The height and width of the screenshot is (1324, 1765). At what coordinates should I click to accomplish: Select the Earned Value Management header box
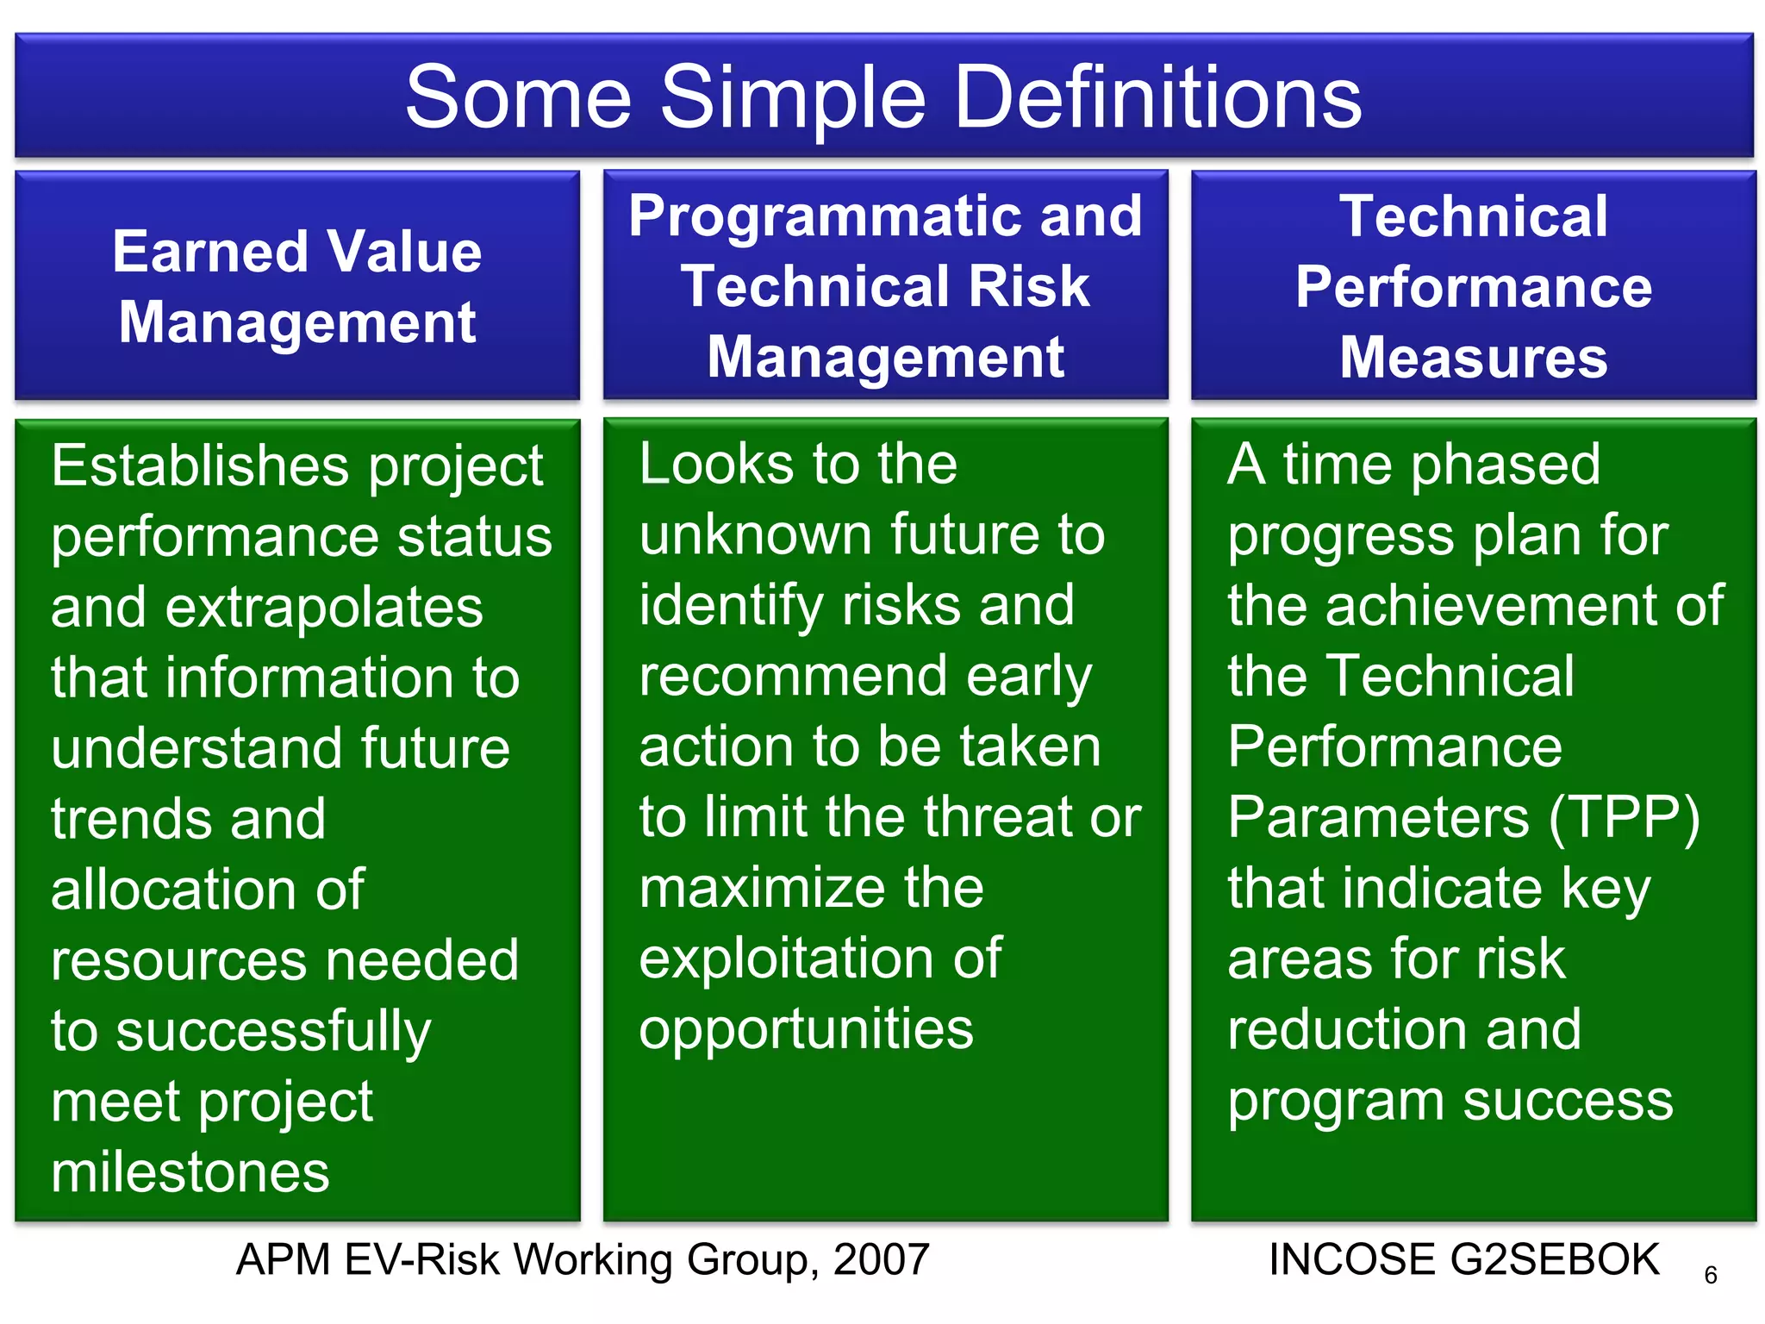pos(297,285)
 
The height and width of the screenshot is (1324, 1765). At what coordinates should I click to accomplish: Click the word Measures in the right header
pos(1473,357)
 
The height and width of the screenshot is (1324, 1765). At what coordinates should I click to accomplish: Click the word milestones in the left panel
pos(190,1172)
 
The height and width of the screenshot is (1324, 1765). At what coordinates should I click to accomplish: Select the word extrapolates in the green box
pos(324,608)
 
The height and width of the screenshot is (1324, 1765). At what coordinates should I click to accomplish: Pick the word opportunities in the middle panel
pos(806,1029)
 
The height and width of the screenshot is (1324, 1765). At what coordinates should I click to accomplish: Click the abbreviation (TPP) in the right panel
pos(1624,817)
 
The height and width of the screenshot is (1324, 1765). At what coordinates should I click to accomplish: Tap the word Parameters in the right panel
pos(1378,817)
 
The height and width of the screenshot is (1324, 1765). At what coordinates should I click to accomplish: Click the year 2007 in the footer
pos(882,1260)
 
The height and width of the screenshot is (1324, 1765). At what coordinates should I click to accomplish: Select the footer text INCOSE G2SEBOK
pos(1463,1260)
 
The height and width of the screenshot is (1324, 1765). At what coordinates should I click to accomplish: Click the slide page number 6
pos(1711,1276)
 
